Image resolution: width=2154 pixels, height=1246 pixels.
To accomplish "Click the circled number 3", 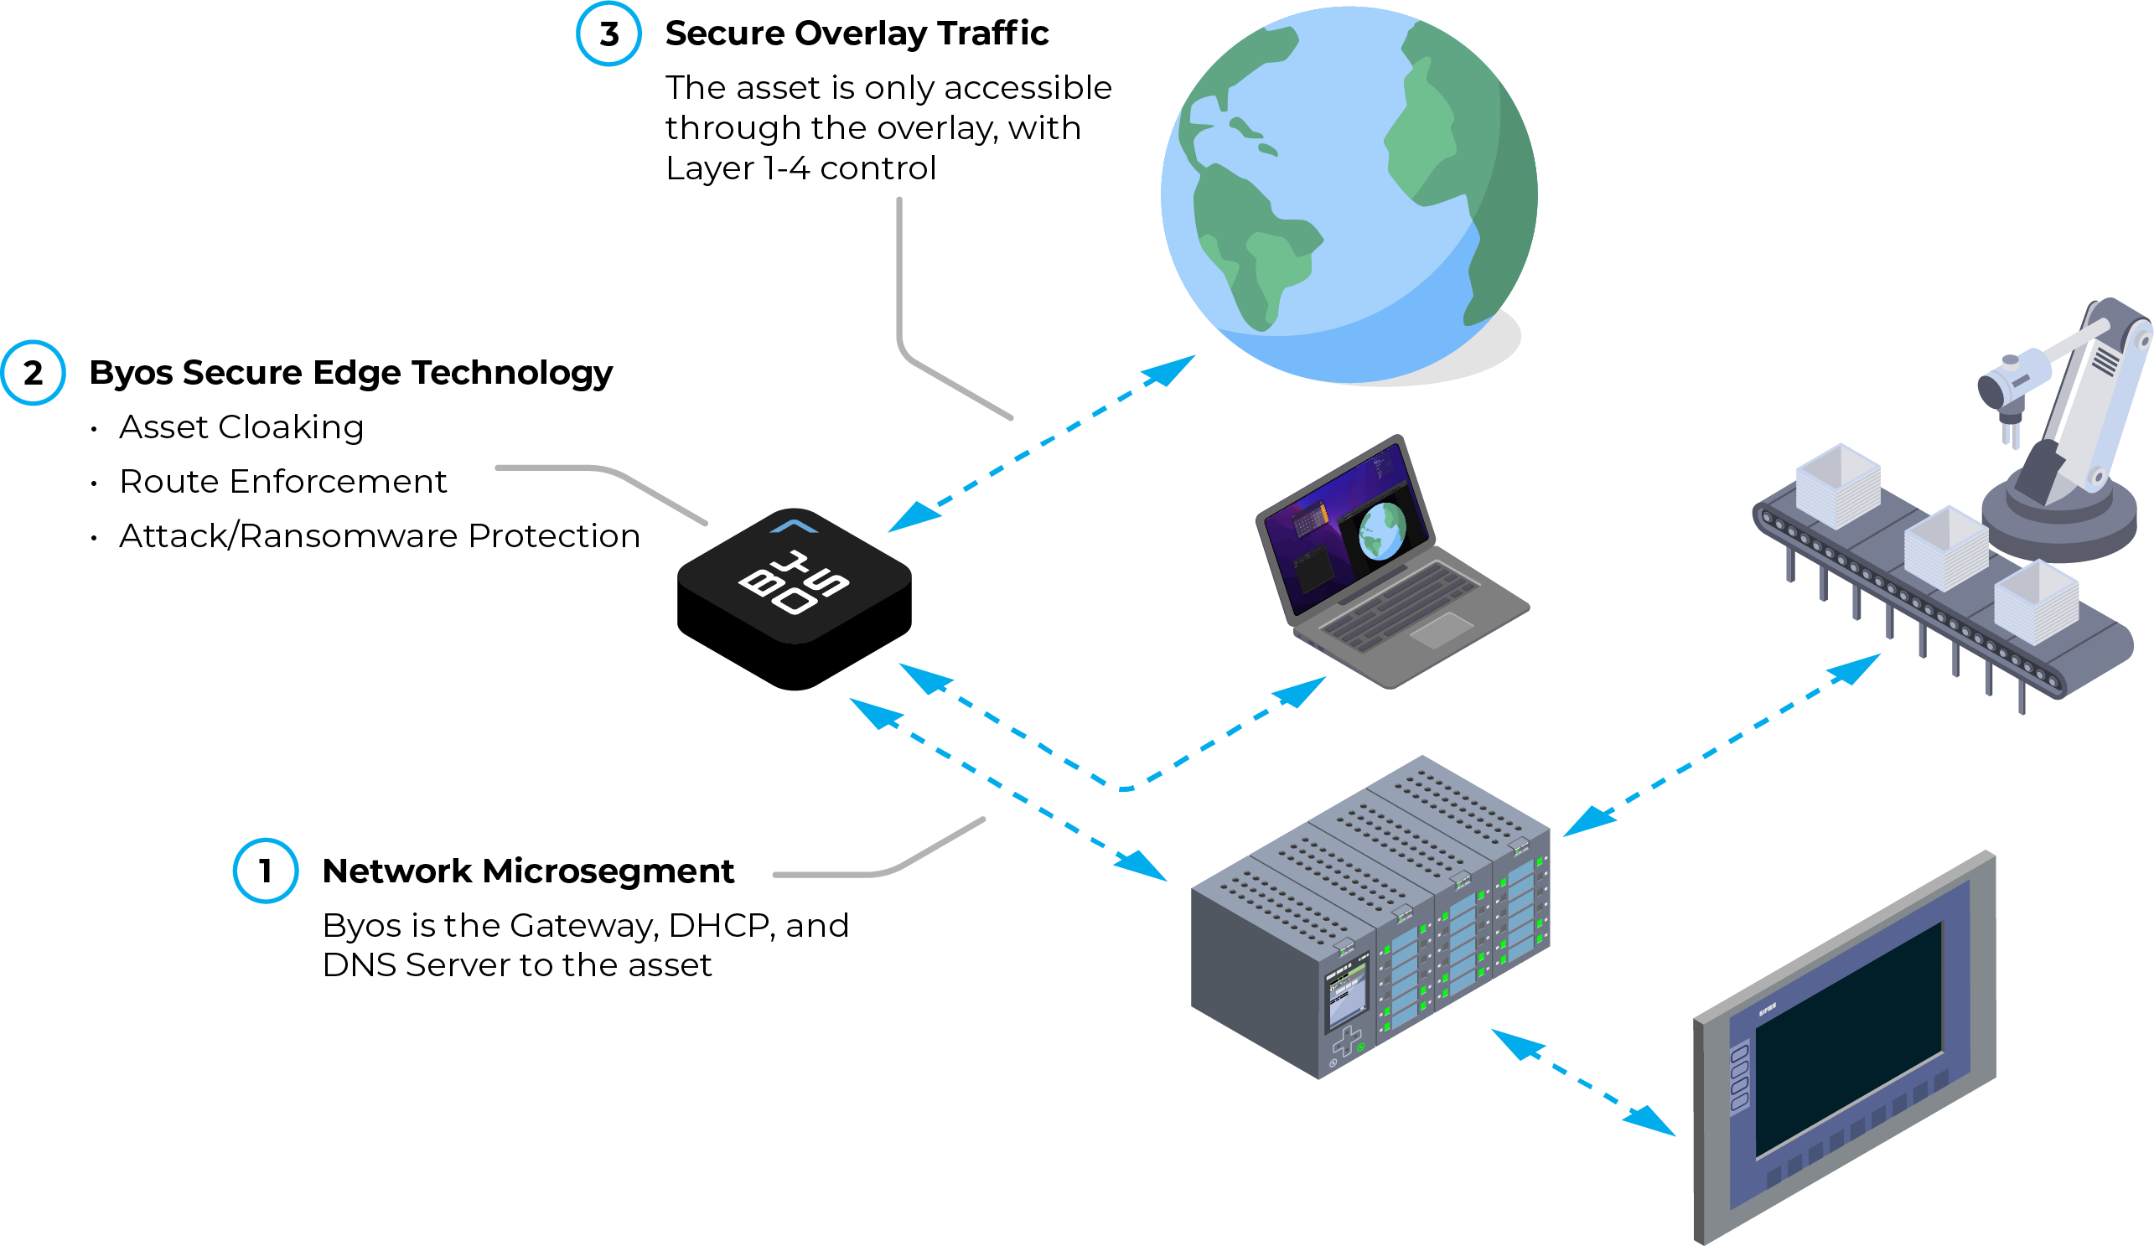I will [x=608, y=34].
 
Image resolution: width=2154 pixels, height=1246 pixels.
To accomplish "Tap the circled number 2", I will [x=33, y=373].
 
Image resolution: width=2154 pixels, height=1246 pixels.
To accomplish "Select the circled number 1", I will [x=266, y=871].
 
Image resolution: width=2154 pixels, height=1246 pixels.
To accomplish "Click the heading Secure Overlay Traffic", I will [x=857, y=34].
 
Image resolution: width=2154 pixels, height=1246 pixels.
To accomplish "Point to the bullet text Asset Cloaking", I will [x=241, y=427].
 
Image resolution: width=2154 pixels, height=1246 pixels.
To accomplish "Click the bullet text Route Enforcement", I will [x=283, y=482].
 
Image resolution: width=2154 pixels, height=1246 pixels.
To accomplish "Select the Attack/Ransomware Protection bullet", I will [x=380, y=535].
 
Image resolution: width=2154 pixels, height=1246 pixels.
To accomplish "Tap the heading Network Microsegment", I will [x=528, y=871].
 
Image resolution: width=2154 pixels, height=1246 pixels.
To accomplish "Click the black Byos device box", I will [x=794, y=598].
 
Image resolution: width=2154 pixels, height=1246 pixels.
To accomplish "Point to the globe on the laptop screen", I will [x=1382, y=530].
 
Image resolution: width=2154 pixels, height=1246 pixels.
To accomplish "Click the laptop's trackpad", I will [x=1441, y=630].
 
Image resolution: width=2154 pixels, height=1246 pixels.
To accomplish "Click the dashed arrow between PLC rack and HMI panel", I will [x=1583, y=1083].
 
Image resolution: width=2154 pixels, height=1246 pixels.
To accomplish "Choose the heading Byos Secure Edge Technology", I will [x=350, y=373].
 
